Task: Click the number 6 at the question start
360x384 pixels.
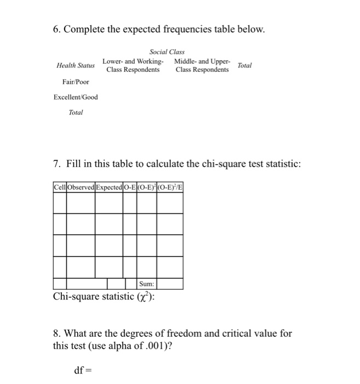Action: [x=56, y=28]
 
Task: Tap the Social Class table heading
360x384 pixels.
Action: [x=167, y=52]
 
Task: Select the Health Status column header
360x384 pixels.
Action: [x=76, y=65]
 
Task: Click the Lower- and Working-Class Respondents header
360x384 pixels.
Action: [x=133, y=65]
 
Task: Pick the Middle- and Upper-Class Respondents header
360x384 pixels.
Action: [x=202, y=65]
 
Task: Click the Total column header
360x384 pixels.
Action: [x=244, y=65]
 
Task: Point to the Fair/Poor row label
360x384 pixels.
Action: [x=76, y=82]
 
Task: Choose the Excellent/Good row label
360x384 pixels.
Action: [x=76, y=97]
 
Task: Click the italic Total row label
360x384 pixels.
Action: [x=76, y=112]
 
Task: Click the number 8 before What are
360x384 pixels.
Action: [x=56, y=333]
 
